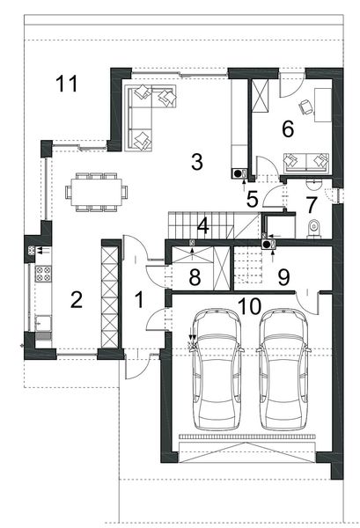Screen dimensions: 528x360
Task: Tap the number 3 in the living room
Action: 196,161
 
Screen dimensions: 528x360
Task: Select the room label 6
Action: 287,128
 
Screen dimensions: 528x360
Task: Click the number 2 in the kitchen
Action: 77,300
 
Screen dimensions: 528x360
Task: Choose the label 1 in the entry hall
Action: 138,299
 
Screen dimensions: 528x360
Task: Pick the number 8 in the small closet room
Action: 196,277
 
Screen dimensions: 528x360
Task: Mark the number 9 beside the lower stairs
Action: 283,278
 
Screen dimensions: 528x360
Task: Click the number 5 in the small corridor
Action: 252,200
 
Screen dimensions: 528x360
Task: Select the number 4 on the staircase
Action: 202,225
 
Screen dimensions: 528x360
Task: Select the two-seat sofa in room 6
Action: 305,161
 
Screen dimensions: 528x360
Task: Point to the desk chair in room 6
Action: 305,106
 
